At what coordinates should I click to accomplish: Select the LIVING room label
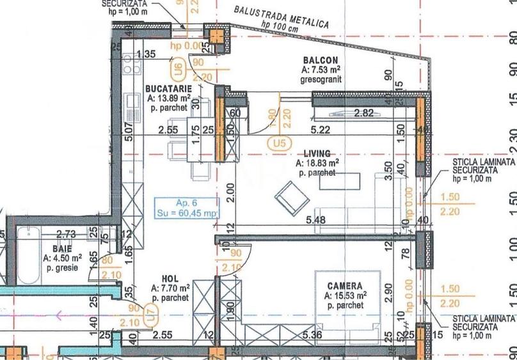317,153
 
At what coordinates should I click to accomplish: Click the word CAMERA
345,286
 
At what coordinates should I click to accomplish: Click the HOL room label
170,279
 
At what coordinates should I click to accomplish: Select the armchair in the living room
292,198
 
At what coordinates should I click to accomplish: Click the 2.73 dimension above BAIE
67,235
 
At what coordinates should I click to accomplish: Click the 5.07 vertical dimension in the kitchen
129,131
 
